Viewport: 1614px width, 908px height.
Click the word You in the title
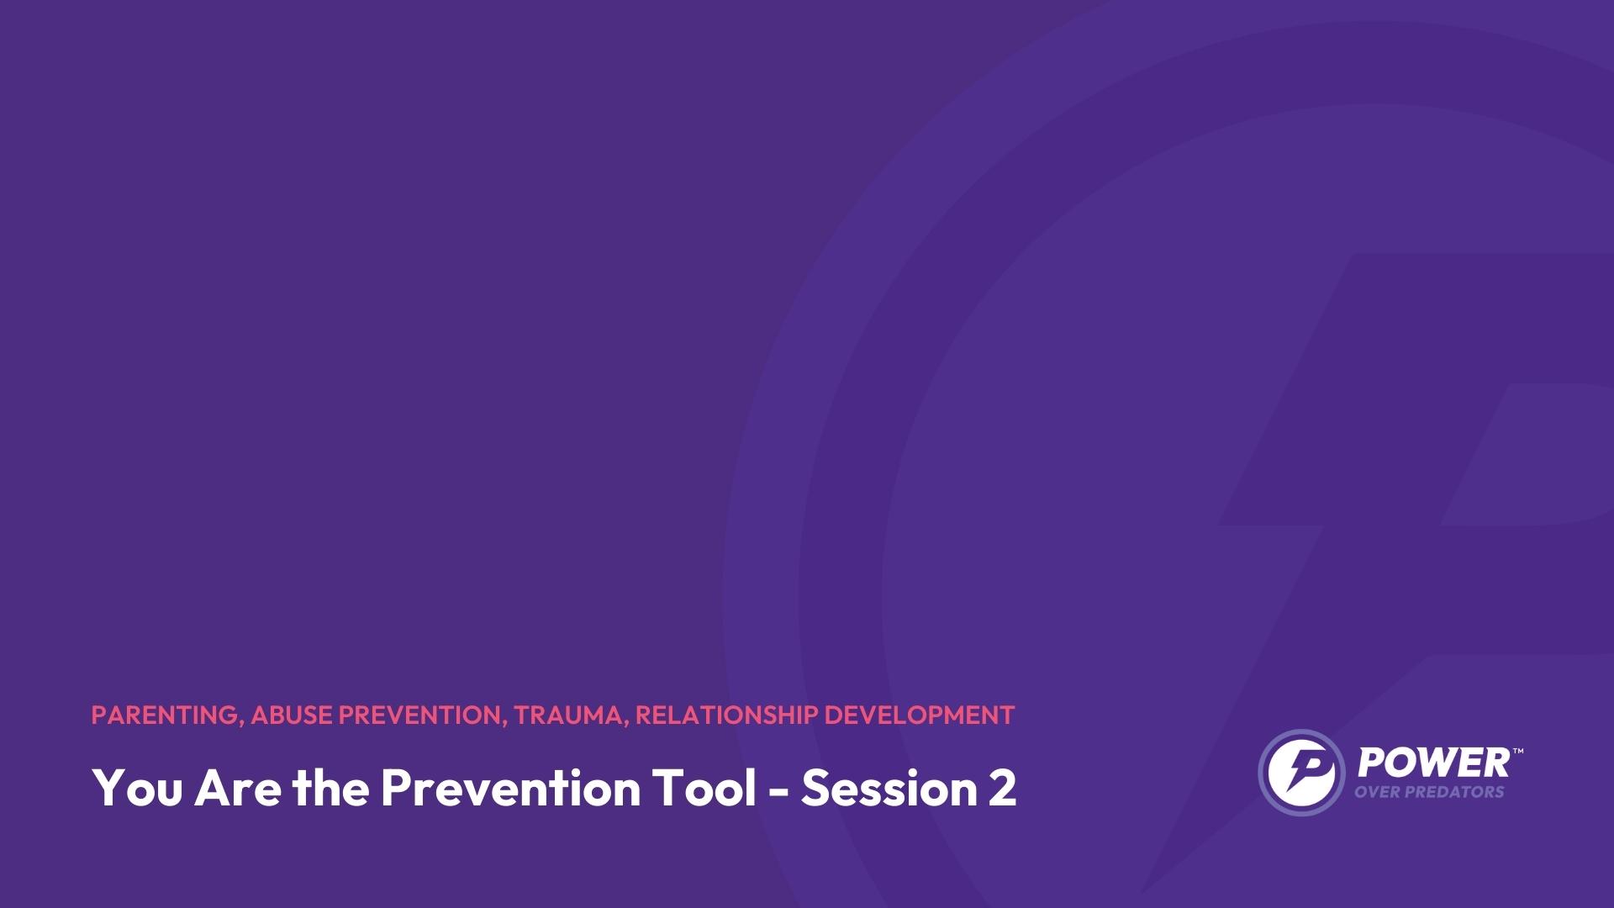coord(136,788)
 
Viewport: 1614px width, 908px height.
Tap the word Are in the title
coord(239,788)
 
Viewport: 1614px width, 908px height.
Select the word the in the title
coord(331,788)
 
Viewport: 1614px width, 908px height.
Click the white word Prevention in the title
coord(511,788)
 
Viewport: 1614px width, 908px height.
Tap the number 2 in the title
coord(1002,788)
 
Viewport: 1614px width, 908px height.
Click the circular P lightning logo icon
coord(1300,772)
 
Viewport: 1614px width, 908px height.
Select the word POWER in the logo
coord(1433,763)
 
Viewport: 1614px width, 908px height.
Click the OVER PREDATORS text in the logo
coord(1429,792)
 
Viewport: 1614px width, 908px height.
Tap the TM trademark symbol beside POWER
coord(1518,751)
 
